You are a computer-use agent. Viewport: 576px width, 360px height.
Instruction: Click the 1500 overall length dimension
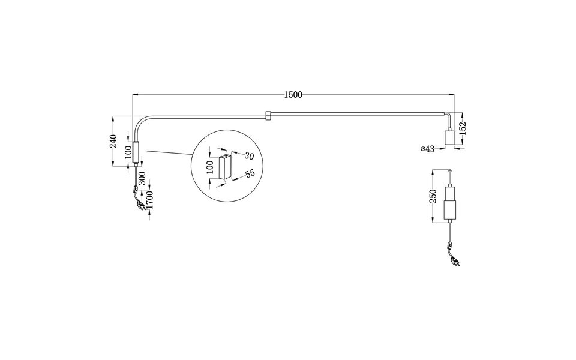pyautogui.click(x=293, y=94)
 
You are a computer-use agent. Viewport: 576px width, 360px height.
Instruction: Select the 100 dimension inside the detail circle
pyautogui.click(x=209, y=166)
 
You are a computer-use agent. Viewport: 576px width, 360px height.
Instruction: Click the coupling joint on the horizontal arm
pyautogui.click(x=268, y=113)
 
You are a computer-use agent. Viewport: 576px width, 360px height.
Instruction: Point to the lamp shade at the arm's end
pyautogui.click(x=448, y=137)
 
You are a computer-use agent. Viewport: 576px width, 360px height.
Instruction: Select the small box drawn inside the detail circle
pyautogui.click(x=226, y=166)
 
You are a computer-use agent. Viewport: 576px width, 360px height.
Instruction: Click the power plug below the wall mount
pyautogui.click(x=140, y=206)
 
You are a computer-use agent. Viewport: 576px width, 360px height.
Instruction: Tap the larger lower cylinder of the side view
pyautogui.click(x=449, y=210)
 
